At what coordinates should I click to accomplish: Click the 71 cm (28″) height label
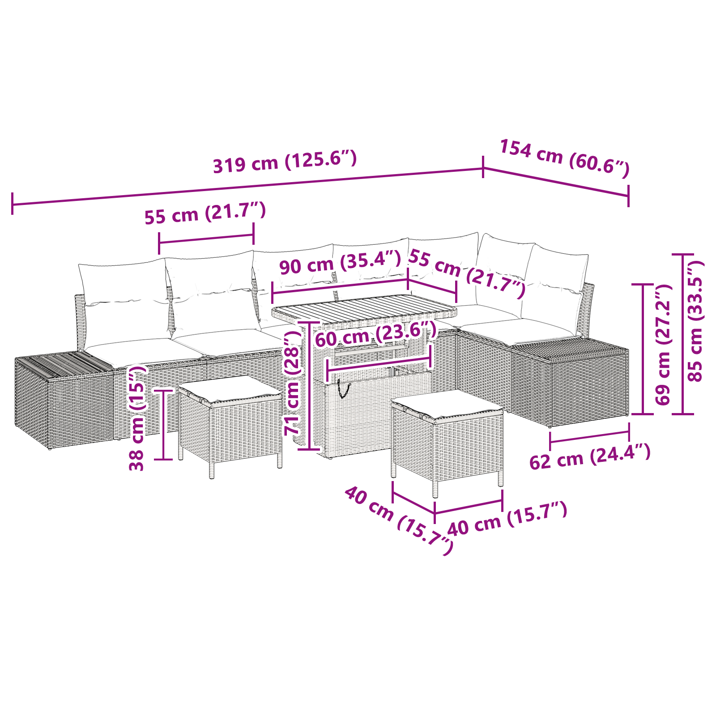[x=293, y=383]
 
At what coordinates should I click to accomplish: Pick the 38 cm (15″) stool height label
[x=137, y=418]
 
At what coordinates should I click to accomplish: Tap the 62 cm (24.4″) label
[x=590, y=457]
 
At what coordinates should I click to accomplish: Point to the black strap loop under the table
[x=343, y=388]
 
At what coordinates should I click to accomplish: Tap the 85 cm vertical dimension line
[x=683, y=334]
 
